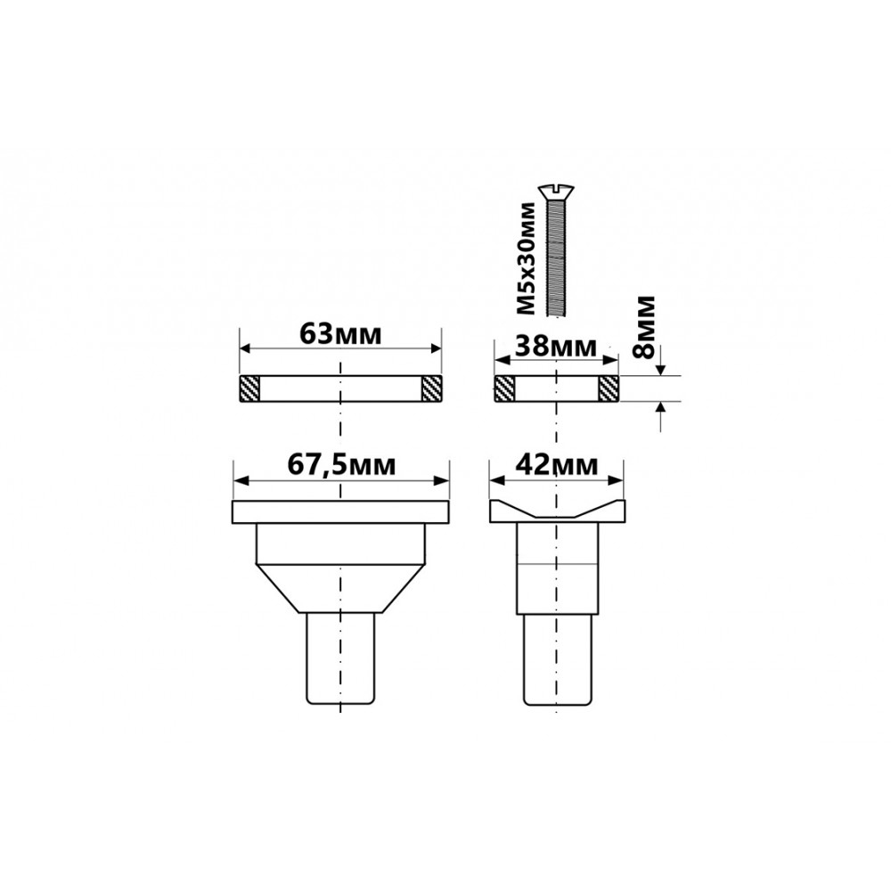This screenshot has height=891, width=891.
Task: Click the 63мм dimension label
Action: pyautogui.click(x=340, y=334)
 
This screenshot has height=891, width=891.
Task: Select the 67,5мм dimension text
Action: pyautogui.click(x=341, y=465)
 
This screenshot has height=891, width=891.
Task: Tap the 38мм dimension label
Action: pyautogui.click(x=555, y=346)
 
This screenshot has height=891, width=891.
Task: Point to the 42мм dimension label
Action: pyautogui.click(x=556, y=465)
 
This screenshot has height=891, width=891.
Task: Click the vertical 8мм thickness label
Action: pyautogui.click(x=644, y=326)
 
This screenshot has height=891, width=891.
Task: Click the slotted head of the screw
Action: pyautogui.click(x=556, y=190)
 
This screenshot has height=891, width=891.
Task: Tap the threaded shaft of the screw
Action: pyautogui.click(x=556, y=256)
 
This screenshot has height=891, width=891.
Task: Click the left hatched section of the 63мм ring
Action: pyautogui.click(x=249, y=388)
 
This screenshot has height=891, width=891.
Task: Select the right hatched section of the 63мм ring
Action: pyautogui.click(x=431, y=388)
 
